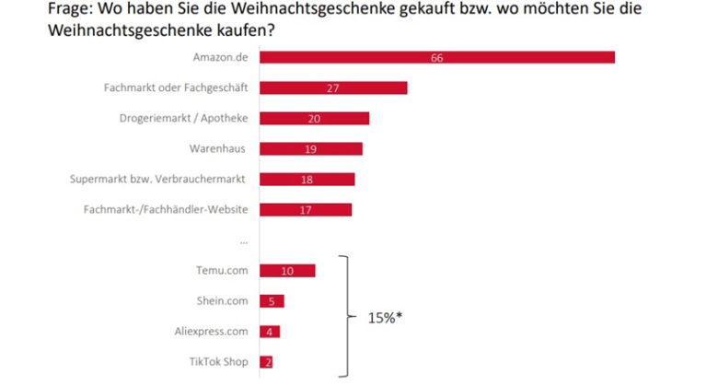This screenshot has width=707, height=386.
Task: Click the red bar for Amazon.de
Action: coord(437,57)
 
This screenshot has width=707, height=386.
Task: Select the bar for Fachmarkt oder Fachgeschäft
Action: coord(333,88)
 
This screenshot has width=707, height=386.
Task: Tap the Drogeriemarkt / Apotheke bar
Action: coord(314,118)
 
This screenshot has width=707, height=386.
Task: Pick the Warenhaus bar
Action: coord(310,149)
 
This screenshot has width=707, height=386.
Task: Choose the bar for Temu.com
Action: coord(287,271)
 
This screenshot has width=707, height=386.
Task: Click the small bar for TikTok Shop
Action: coord(266,362)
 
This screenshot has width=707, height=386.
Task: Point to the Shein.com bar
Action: coord(272,301)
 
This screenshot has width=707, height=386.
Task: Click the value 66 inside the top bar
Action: coord(437,58)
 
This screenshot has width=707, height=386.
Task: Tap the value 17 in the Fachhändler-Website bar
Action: coord(306,210)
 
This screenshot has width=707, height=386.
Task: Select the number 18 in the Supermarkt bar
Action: coord(307,180)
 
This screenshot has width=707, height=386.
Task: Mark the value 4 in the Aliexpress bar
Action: coord(269,332)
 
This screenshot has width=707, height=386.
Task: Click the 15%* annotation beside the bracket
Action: coord(385,318)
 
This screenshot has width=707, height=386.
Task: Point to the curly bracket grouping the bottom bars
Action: coord(348,316)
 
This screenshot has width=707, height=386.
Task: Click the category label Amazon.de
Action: coord(221,57)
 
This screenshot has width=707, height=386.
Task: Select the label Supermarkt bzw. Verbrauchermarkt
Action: coord(157,180)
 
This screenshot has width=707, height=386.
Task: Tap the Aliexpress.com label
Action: coord(211,332)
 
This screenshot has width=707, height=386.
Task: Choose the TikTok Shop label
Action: coord(219,362)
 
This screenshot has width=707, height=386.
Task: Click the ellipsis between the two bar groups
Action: coord(244,243)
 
